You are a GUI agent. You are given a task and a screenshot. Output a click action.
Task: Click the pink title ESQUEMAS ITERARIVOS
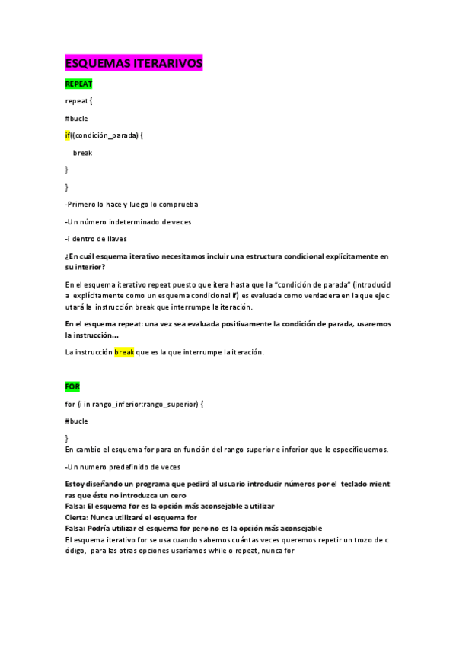point(134,64)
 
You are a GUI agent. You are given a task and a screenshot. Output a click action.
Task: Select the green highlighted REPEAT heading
point(78,83)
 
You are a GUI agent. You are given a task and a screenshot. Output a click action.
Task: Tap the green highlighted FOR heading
point(72,386)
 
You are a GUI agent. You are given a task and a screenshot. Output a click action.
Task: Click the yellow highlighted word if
point(68,135)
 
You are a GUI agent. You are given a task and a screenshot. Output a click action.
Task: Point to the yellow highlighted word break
point(124,352)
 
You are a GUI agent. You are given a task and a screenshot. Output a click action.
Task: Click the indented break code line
point(82,153)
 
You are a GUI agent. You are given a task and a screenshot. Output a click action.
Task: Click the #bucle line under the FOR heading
point(77,420)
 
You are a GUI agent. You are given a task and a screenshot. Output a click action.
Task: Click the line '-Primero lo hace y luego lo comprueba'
point(132,204)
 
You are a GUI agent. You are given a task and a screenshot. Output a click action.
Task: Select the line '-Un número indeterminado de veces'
point(128,221)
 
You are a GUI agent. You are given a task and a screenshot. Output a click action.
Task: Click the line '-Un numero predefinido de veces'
point(123,465)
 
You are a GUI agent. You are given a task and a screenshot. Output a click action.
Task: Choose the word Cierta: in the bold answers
point(78,517)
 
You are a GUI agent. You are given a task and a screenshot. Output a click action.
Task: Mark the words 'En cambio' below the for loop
point(81,449)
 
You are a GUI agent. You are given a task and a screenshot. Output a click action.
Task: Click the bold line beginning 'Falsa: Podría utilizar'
point(193,528)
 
